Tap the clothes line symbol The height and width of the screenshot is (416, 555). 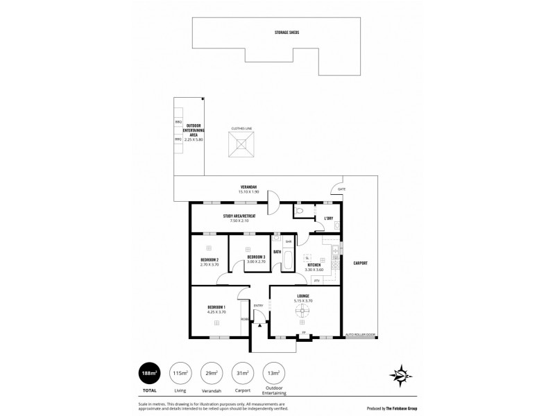click(240, 146)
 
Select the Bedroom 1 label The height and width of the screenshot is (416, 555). click(216, 307)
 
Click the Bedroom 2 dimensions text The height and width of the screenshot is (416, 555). click(209, 265)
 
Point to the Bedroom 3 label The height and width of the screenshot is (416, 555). click(256, 257)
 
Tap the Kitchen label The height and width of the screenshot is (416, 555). click(314, 264)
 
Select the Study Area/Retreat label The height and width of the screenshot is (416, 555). click(239, 216)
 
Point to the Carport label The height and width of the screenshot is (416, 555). click(360, 263)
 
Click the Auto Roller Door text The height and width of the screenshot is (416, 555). click(360, 335)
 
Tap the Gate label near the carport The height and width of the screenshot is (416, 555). click(341, 189)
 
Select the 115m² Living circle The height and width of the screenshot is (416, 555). click(182, 374)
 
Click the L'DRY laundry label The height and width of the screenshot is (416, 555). click(329, 219)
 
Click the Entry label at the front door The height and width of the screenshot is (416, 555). click(258, 306)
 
